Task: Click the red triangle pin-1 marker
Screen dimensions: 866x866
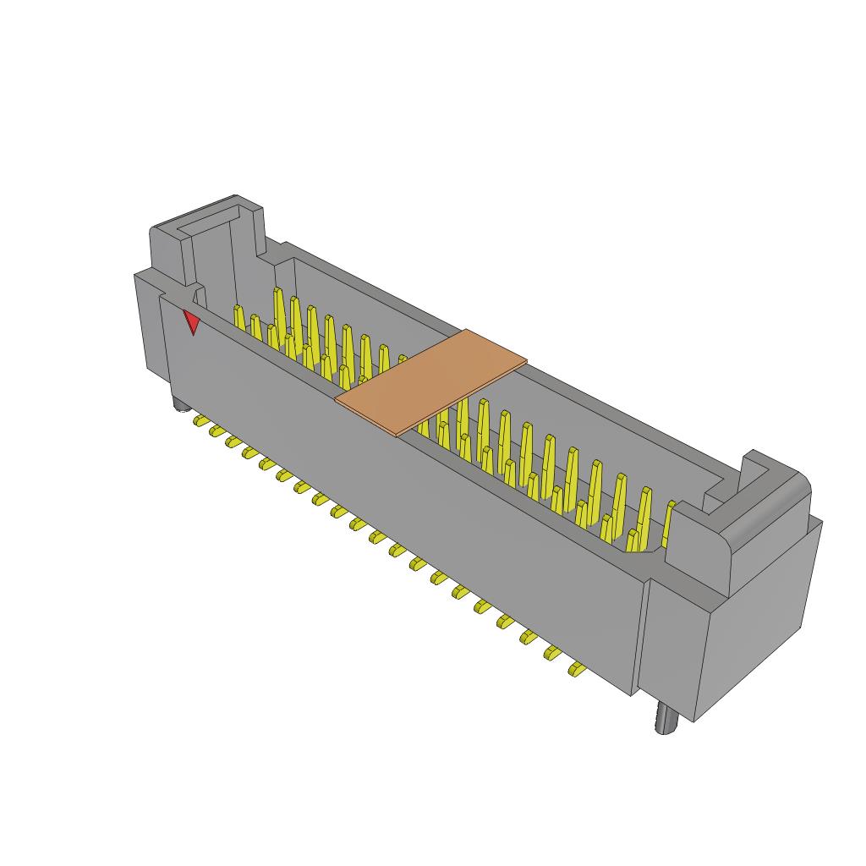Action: click(x=192, y=321)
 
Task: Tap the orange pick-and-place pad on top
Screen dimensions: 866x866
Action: click(x=430, y=381)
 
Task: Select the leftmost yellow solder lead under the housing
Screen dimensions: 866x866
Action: click(x=201, y=420)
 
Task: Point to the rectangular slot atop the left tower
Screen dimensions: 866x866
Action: click(x=208, y=221)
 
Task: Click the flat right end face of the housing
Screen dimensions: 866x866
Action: click(x=753, y=626)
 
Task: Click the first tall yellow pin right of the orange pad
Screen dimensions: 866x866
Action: click(x=462, y=419)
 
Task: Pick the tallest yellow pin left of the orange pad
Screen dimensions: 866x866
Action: click(x=278, y=309)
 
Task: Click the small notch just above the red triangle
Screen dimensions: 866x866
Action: click(x=200, y=295)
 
